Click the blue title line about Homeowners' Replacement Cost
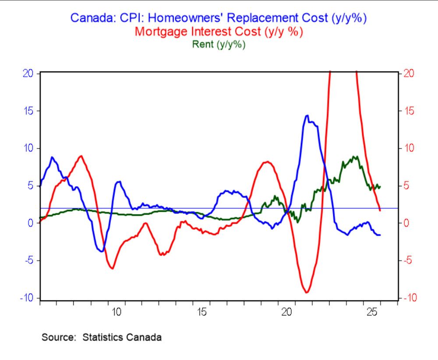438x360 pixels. coord(219,18)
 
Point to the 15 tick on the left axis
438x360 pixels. coord(28,111)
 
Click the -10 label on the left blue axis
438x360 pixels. coord(27,298)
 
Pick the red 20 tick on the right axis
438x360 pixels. coord(408,73)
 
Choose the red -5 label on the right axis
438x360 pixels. coord(408,261)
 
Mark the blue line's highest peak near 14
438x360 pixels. coord(307,116)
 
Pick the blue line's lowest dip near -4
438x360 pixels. coord(102,251)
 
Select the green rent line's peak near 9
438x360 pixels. coord(354,157)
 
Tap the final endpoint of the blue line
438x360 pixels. coord(380,235)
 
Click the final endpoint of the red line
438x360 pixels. coord(380,210)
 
